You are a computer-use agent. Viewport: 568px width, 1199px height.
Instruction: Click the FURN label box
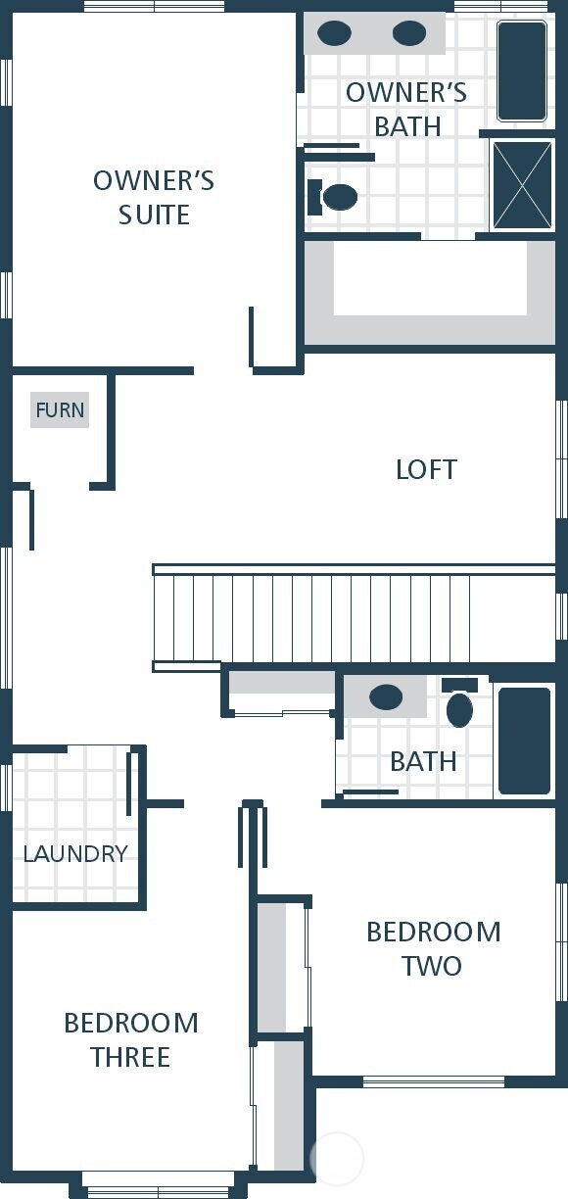tap(60, 410)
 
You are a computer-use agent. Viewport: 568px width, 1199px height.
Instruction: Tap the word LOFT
tap(427, 469)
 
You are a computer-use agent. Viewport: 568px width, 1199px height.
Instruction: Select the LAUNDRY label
tap(75, 853)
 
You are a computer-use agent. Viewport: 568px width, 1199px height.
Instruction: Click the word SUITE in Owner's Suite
tap(154, 215)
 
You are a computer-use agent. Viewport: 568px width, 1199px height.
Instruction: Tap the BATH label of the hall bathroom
tap(423, 762)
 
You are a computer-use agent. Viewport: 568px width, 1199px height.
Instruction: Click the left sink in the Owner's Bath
tap(335, 32)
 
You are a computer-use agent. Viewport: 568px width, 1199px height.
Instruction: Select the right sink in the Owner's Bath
tap(409, 32)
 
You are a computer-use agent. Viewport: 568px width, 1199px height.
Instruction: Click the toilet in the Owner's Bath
tap(333, 197)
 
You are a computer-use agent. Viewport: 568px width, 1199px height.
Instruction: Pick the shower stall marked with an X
tap(522, 185)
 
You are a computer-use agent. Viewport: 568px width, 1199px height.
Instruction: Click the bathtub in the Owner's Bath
tap(522, 71)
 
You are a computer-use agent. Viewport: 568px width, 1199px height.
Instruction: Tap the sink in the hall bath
tap(386, 696)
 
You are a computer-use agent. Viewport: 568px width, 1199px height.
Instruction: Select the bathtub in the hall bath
tap(525, 741)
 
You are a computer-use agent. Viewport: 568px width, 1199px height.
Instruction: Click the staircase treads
tap(354, 618)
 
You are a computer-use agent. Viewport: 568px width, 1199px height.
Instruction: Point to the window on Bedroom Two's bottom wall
tap(434, 1081)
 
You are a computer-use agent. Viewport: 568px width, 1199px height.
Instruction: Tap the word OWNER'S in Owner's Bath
tap(406, 93)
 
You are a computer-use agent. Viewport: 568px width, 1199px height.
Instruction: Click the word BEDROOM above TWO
tap(434, 932)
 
